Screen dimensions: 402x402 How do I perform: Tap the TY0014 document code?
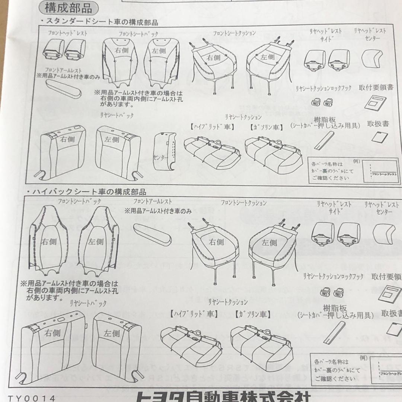[31, 398]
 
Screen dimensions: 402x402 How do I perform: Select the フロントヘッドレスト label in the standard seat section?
[68, 33]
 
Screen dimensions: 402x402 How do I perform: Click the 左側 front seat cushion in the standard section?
[267, 61]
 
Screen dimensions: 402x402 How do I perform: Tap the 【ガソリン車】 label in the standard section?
[266, 127]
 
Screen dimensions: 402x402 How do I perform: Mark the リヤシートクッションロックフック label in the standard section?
[323, 89]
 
